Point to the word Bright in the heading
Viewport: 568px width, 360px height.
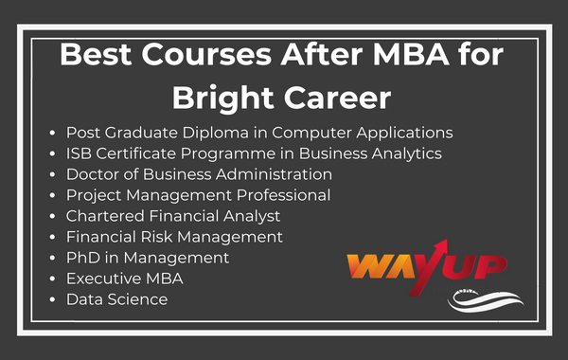227,98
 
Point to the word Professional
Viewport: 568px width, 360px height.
275,195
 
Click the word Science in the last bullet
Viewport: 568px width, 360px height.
136,299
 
